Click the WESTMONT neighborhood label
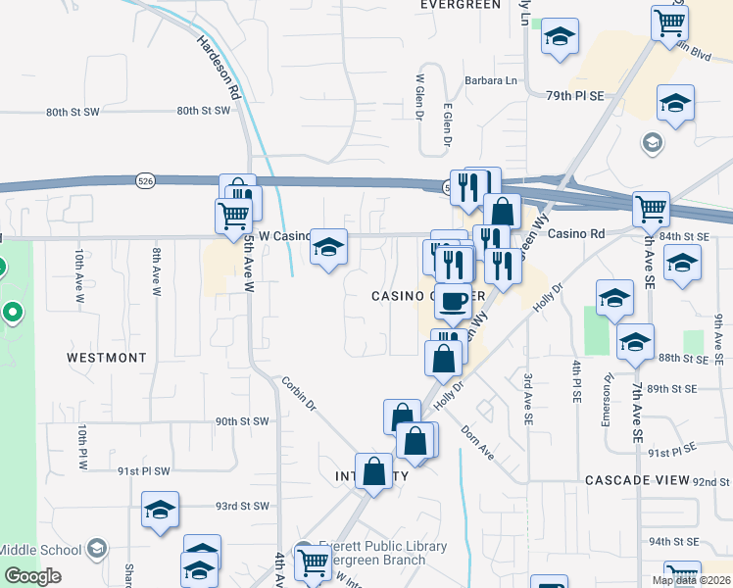(107, 358)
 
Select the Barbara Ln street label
(491, 81)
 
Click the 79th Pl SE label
(575, 95)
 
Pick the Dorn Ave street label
(479, 440)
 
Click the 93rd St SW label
(242, 506)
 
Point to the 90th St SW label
(242, 421)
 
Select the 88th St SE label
(683, 359)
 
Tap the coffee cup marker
(452, 302)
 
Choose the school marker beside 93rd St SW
(160, 511)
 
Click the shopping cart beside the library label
(313, 562)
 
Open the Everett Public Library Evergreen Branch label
(377, 553)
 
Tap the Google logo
(32, 576)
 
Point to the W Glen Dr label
(419, 98)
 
